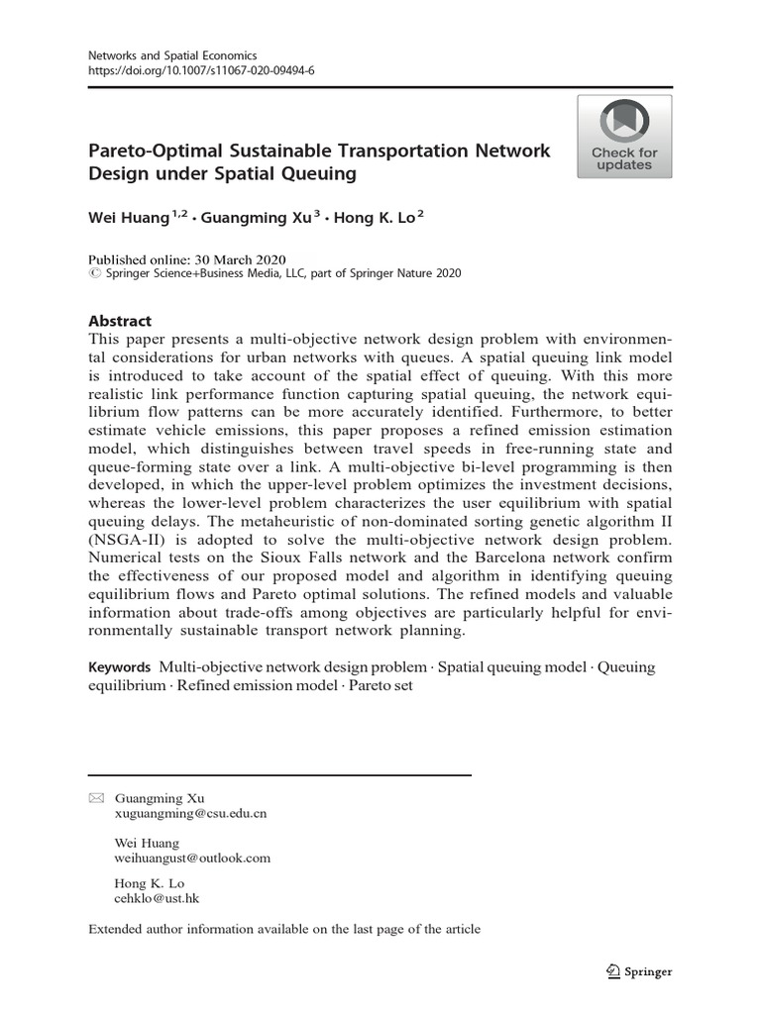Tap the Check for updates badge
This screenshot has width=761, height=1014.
click(x=624, y=137)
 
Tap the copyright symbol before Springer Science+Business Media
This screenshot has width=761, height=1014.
click(x=94, y=273)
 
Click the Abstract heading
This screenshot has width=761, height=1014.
click(x=120, y=321)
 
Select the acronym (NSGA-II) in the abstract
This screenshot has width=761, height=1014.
click(x=128, y=541)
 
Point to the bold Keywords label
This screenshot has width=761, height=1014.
click(x=120, y=667)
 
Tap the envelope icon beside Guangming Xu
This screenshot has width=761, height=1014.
click(x=95, y=798)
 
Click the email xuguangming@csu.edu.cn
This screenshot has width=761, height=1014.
click(x=190, y=813)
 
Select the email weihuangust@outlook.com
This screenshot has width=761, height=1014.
click(x=192, y=858)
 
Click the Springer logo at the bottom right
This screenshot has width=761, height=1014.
click(x=639, y=971)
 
